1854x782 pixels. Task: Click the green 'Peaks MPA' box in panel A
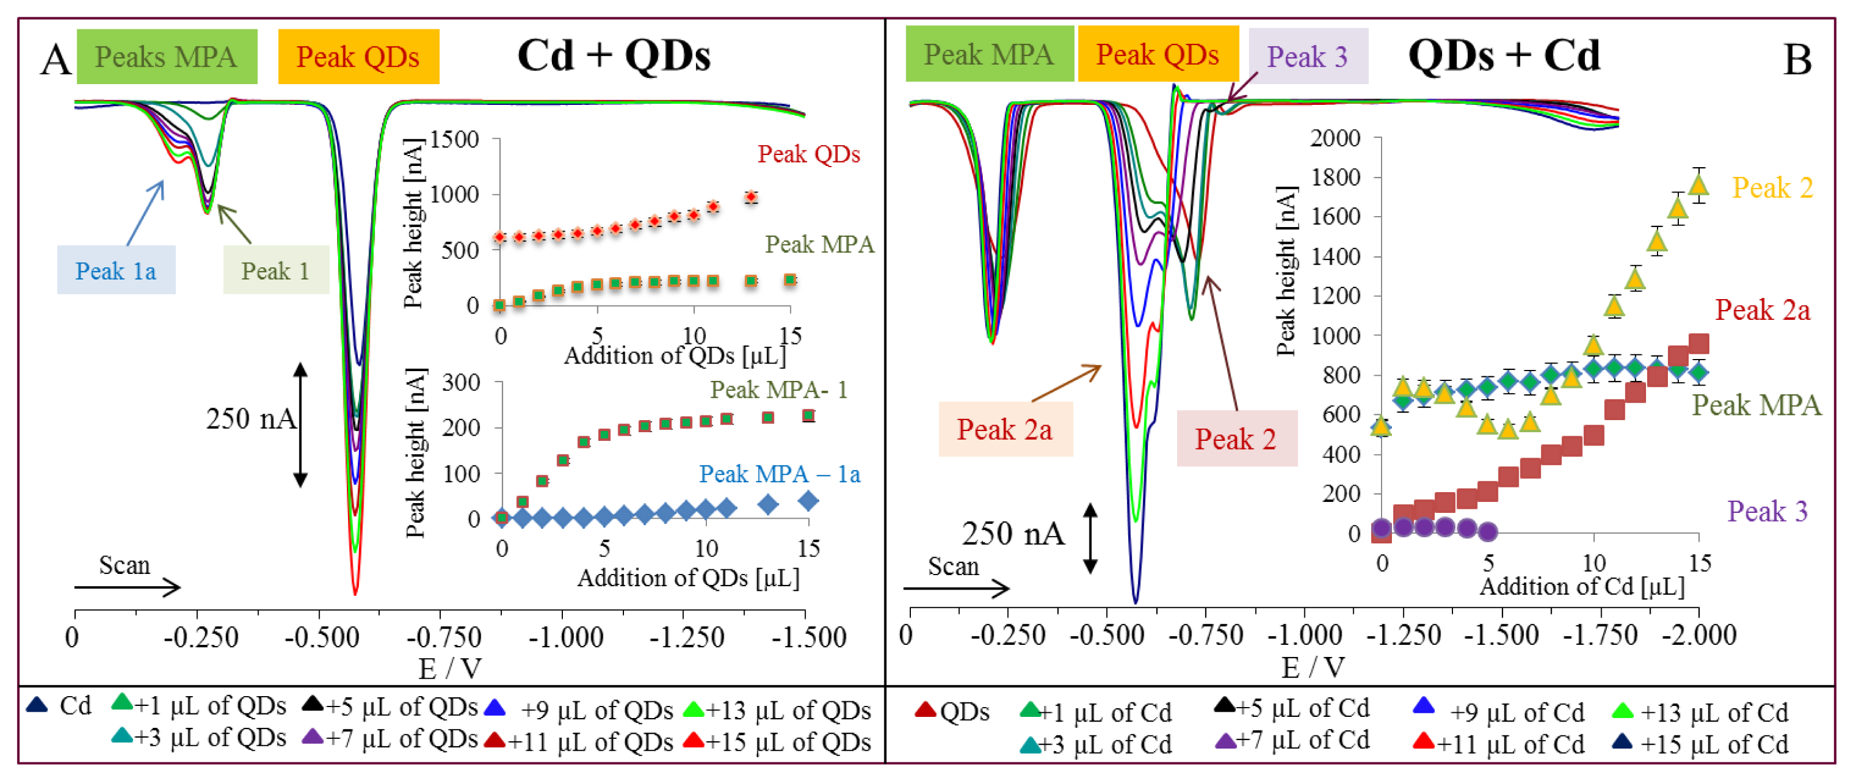click(x=167, y=57)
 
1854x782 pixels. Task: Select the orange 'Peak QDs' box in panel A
click(x=358, y=57)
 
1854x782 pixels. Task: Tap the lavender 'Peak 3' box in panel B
click(x=1307, y=56)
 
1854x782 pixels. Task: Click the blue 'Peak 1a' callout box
click(x=116, y=271)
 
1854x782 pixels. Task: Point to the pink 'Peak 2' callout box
click(x=1236, y=439)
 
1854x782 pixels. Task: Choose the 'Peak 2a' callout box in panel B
click(x=1005, y=429)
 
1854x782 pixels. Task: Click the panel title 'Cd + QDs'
click(x=614, y=55)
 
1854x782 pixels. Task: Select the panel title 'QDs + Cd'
click(x=1504, y=55)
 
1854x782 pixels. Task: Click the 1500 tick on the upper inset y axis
click(x=454, y=139)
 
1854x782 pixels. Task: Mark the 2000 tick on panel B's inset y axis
click(x=1335, y=138)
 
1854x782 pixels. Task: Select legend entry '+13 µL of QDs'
click(x=777, y=710)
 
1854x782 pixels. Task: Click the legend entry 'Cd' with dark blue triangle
click(x=60, y=706)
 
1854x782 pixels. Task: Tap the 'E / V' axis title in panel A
click(x=450, y=669)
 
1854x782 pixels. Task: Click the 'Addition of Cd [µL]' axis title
click(x=1582, y=587)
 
